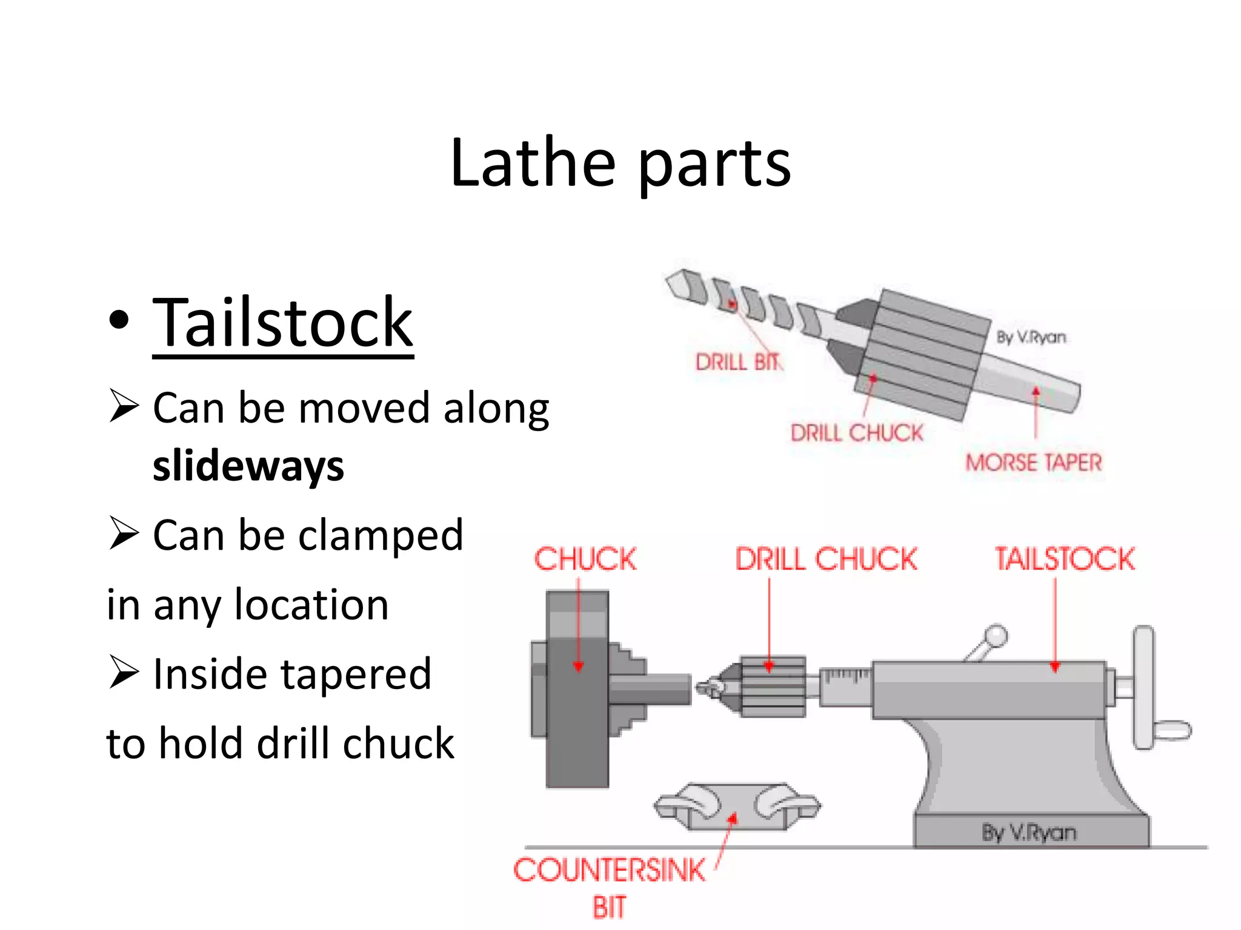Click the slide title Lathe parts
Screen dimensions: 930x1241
click(620, 162)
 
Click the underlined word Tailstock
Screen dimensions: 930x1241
click(282, 324)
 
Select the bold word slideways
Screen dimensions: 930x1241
click(248, 466)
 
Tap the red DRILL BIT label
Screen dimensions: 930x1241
click(738, 362)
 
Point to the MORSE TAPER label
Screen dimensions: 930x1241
click(1033, 463)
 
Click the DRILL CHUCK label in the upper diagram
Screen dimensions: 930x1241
click(856, 433)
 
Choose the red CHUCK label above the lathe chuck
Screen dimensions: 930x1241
click(585, 558)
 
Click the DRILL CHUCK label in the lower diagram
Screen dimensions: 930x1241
click(826, 558)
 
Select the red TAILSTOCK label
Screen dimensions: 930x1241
click(1065, 558)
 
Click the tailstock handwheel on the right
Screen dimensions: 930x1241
click(1144, 687)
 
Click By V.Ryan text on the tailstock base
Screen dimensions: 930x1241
click(1028, 833)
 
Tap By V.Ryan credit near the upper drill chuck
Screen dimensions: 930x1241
click(1031, 337)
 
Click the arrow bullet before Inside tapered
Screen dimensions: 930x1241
click(124, 673)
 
